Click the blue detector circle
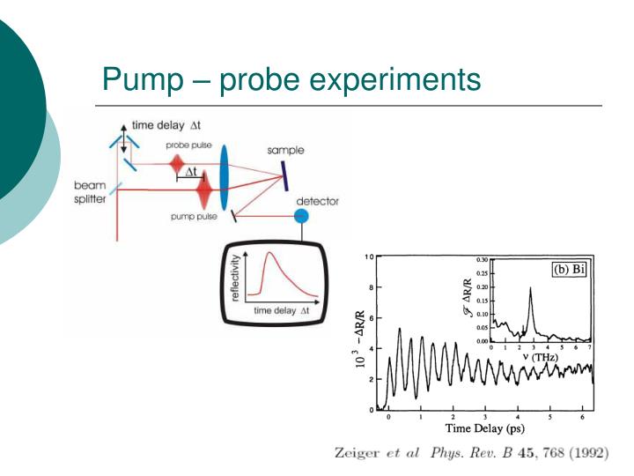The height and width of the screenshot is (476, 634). pyautogui.click(x=301, y=216)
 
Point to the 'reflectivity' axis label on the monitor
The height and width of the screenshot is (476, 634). pyautogui.click(x=235, y=278)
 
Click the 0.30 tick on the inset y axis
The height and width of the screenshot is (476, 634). pyautogui.click(x=481, y=261)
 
